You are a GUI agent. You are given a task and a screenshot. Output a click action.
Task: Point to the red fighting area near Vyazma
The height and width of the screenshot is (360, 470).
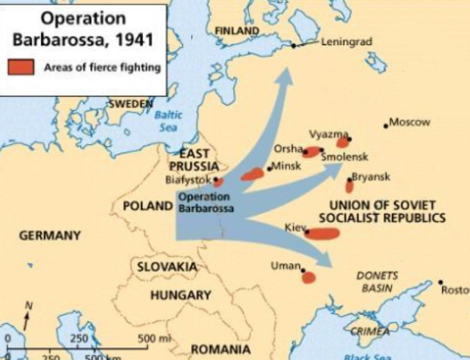click(343, 142)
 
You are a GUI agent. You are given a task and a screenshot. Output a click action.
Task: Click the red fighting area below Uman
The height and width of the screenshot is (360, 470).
click(308, 277)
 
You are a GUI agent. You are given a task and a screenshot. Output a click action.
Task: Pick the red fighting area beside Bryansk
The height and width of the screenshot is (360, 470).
click(349, 185)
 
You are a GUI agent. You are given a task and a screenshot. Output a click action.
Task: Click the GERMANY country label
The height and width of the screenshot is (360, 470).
click(50, 235)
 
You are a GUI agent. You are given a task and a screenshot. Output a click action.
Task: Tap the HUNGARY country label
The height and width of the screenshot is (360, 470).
click(181, 295)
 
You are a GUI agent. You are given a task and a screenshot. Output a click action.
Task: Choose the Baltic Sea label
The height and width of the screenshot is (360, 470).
click(168, 121)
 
